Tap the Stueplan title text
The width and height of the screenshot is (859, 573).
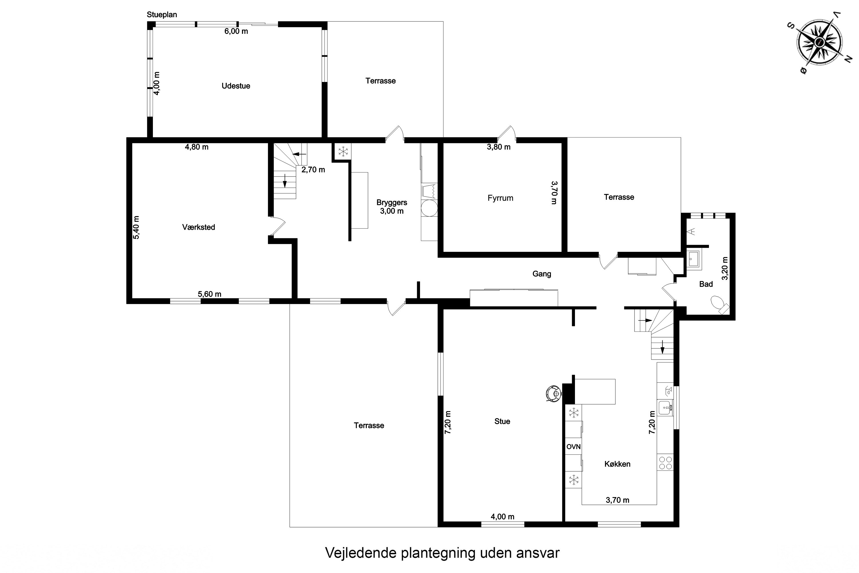point(162,15)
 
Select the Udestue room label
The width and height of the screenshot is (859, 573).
point(236,86)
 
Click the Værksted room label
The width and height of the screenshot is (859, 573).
point(198,227)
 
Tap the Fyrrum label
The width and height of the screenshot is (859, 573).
point(500,198)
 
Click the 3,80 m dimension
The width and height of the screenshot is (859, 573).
point(499,147)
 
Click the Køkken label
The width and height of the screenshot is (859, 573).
point(617,464)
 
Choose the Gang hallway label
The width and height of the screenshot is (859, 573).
point(542,274)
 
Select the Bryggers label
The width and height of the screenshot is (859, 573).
point(391,203)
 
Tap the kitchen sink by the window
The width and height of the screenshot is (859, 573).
point(665,408)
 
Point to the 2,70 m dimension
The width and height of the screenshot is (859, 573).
point(313,170)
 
